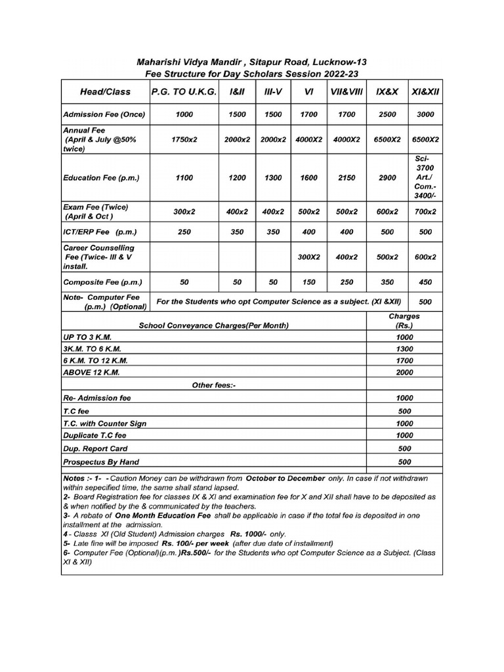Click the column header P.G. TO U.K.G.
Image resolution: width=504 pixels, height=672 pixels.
(x=183, y=92)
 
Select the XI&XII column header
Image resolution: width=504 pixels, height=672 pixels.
(x=425, y=92)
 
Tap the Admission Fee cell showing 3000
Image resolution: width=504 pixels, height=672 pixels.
(x=425, y=114)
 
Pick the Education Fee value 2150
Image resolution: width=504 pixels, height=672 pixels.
(x=346, y=178)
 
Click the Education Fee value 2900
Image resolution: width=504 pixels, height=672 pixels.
(x=387, y=178)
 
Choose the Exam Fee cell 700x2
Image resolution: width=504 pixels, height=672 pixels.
(x=425, y=212)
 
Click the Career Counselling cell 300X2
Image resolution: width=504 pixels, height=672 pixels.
(x=308, y=257)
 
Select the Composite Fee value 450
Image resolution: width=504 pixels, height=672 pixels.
(x=425, y=282)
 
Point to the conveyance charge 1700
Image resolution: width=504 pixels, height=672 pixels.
(x=404, y=360)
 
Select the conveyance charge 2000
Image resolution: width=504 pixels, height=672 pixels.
(x=404, y=372)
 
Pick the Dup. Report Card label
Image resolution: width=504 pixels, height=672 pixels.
(x=96, y=449)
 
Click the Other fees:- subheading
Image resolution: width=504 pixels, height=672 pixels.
(x=213, y=385)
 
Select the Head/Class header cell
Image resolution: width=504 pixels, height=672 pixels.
(x=105, y=92)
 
